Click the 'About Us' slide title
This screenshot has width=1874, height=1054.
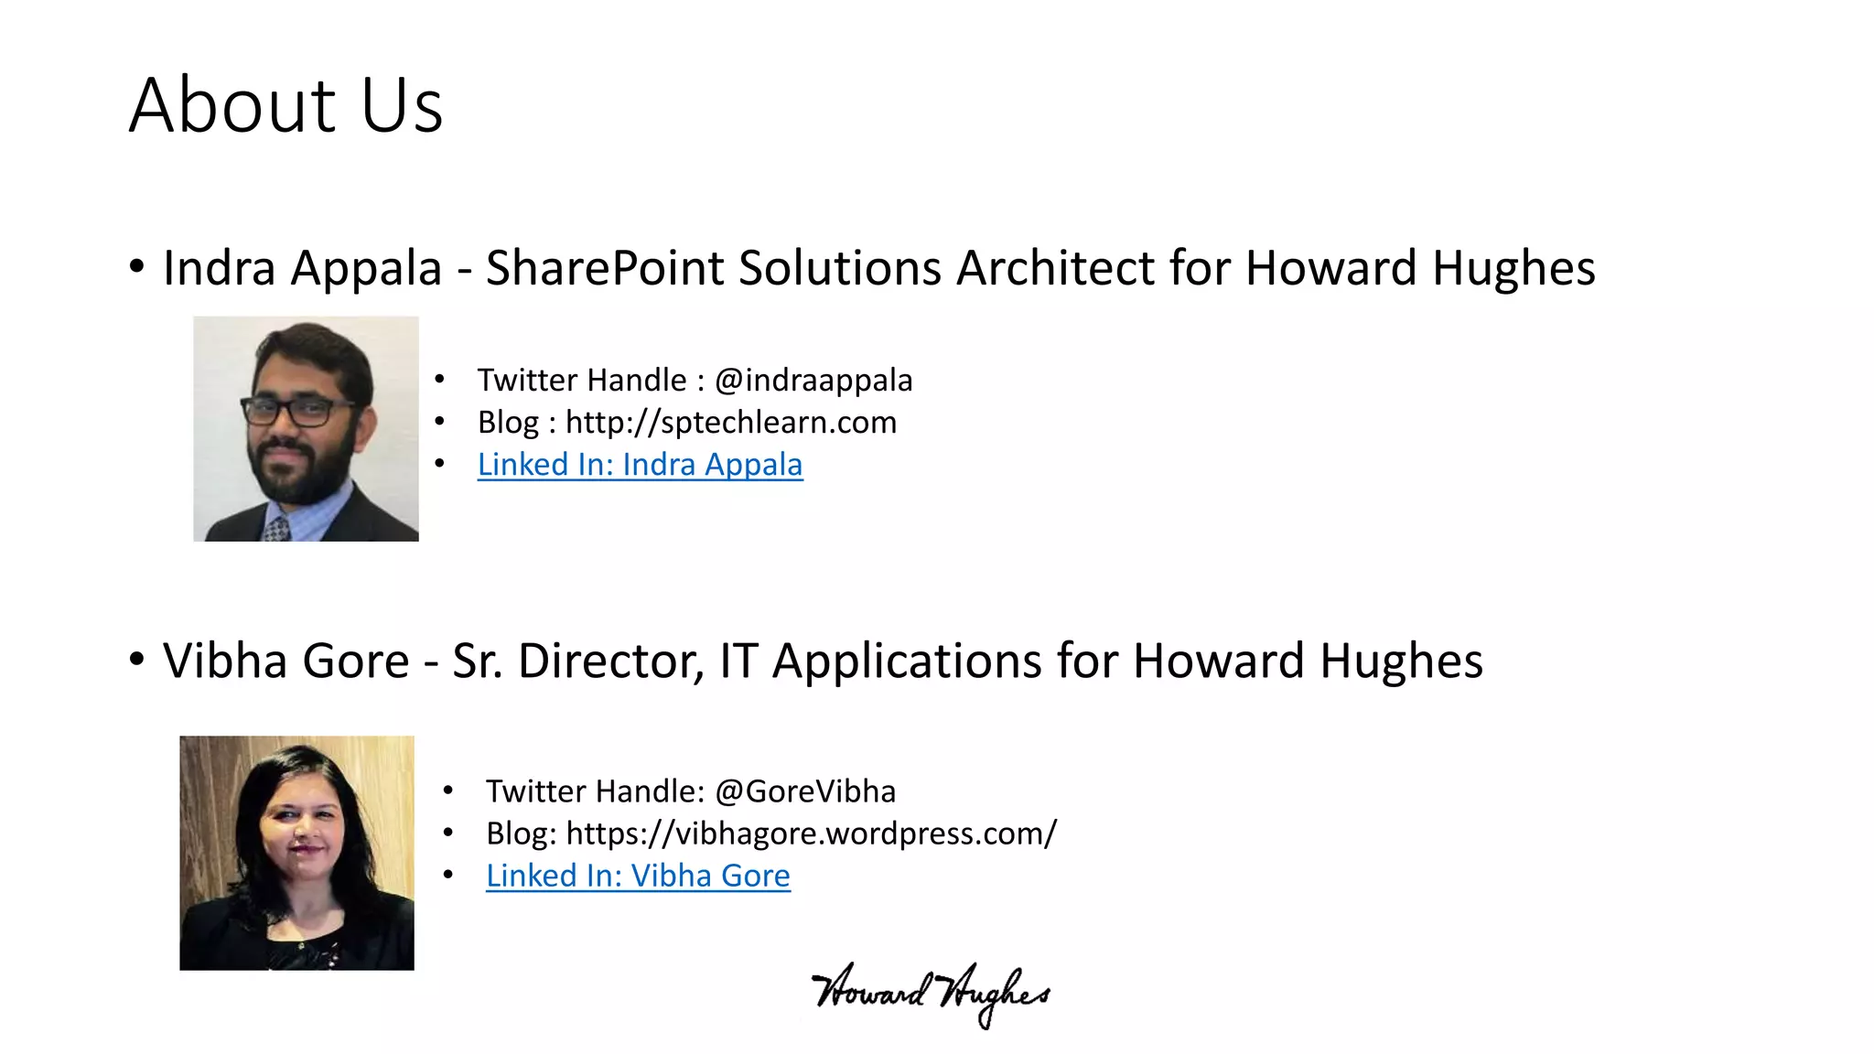285,105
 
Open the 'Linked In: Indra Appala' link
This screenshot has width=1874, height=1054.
640,465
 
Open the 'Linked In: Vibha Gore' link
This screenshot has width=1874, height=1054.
638,876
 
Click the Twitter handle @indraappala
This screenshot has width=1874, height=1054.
813,380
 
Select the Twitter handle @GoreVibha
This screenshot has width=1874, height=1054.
804,790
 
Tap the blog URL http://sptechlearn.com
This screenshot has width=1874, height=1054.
730,422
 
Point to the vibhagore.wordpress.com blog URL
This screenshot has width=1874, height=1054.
811,834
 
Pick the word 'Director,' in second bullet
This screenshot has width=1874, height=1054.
610,661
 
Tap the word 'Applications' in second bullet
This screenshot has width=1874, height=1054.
906,661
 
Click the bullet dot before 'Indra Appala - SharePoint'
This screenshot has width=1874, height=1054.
136,267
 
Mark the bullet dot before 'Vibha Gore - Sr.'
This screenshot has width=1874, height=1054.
136,660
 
